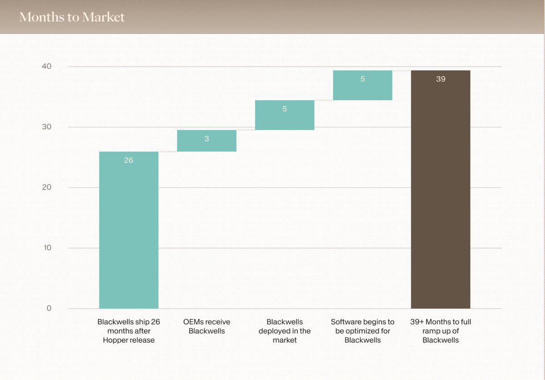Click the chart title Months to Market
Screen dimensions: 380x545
pyautogui.click(x=72, y=17)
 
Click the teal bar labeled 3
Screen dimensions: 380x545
pyautogui.click(x=206, y=141)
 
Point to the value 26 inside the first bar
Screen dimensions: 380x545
pyautogui.click(x=129, y=160)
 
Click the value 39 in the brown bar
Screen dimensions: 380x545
pyautogui.click(x=440, y=79)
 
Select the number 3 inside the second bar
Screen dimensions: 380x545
pyautogui.click(x=206, y=139)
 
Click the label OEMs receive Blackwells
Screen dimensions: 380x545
pyautogui.click(x=206, y=326)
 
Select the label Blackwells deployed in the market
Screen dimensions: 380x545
pyautogui.click(x=285, y=331)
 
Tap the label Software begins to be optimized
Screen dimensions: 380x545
pyautogui.click(x=362, y=331)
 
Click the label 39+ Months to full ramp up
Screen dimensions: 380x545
pyautogui.click(x=440, y=331)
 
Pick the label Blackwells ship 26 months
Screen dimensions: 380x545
pyautogui.click(x=129, y=331)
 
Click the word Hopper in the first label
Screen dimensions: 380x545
pyautogui.click(x=115, y=340)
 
